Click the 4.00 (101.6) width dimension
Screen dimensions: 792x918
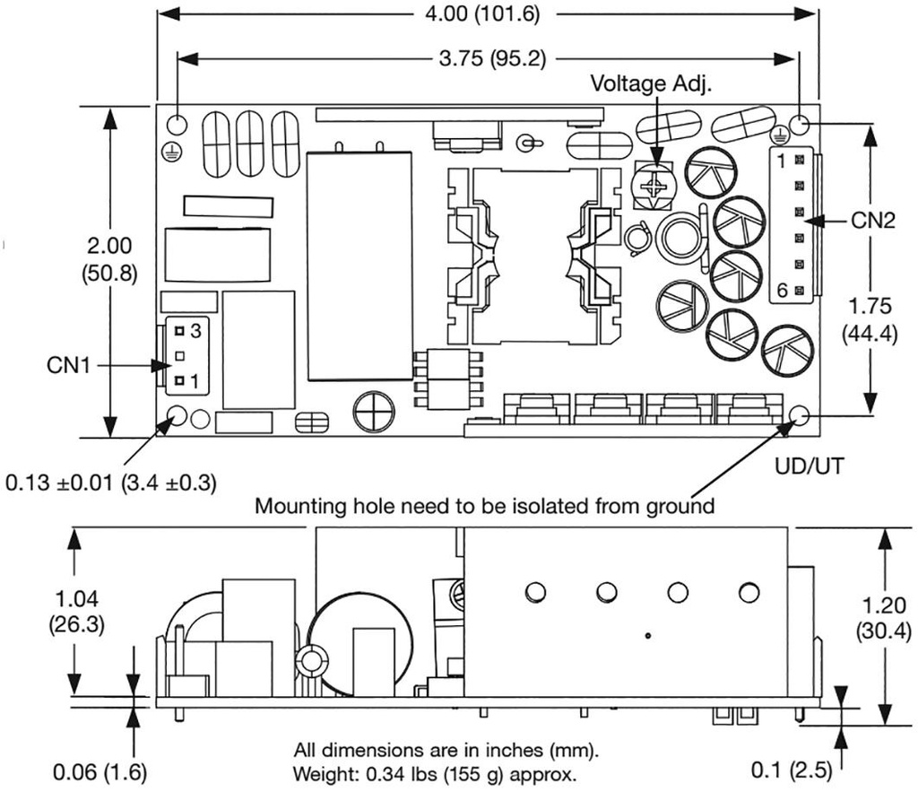[x=487, y=15]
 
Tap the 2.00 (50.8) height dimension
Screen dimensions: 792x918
[x=110, y=259]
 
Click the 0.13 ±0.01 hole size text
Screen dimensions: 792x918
[x=111, y=483]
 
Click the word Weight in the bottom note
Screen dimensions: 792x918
[x=319, y=773]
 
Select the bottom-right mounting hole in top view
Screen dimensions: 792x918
[x=800, y=415]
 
